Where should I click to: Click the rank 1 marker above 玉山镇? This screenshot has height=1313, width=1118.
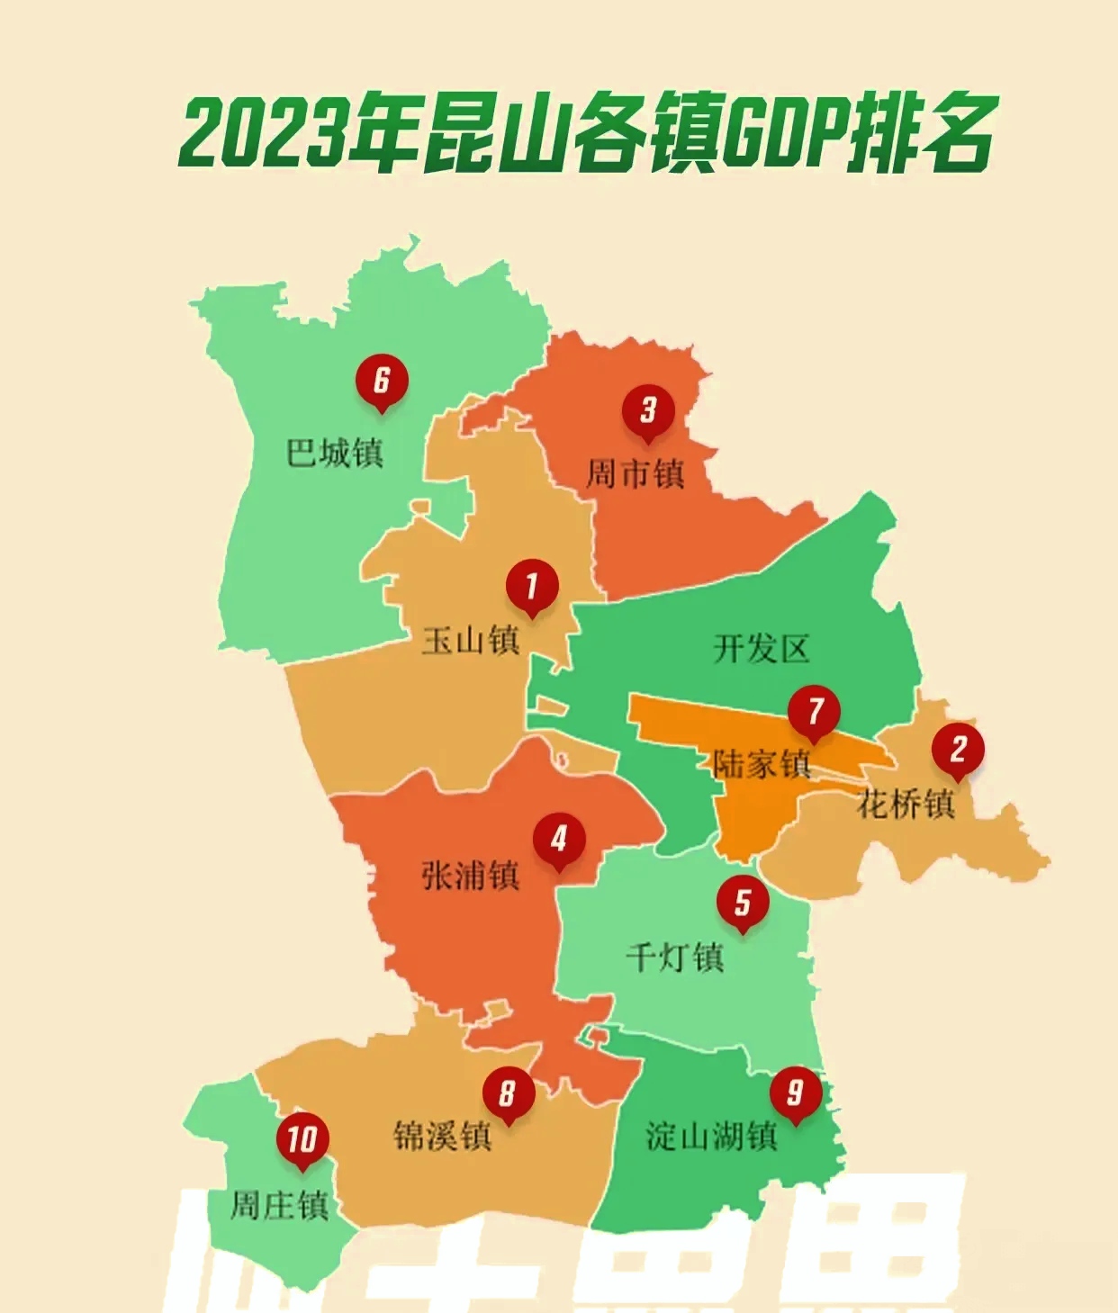tap(531, 586)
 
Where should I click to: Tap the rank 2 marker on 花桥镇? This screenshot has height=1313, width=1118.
tap(958, 750)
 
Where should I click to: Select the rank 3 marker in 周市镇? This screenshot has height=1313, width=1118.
tap(648, 411)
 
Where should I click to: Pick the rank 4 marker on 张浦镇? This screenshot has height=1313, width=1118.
tap(559, 840)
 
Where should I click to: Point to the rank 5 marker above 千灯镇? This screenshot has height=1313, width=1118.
tap(743, 903)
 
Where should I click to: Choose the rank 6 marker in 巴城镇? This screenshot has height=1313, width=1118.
tap(382, 381)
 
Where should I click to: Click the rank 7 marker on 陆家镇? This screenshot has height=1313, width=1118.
tap(815, 712)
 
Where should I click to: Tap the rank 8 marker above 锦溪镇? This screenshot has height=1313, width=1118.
tap(508, 1093)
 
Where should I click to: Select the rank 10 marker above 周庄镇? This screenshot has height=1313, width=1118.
tap(302, 1139)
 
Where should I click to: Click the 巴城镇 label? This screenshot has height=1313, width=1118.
tap(335, 453)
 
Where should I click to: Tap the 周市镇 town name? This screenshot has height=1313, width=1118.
tap(636, 473)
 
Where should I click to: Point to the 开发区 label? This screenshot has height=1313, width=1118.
tap(762, 649)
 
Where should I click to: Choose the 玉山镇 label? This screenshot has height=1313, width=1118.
tap(471, 641)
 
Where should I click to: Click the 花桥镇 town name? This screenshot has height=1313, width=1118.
tap(905, 804)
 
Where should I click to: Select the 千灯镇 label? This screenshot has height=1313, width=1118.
tap(675, 957)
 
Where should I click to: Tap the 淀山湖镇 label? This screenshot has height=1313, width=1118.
tap(711, 1137)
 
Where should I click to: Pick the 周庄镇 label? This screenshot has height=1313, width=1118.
tap(279, 1205)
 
